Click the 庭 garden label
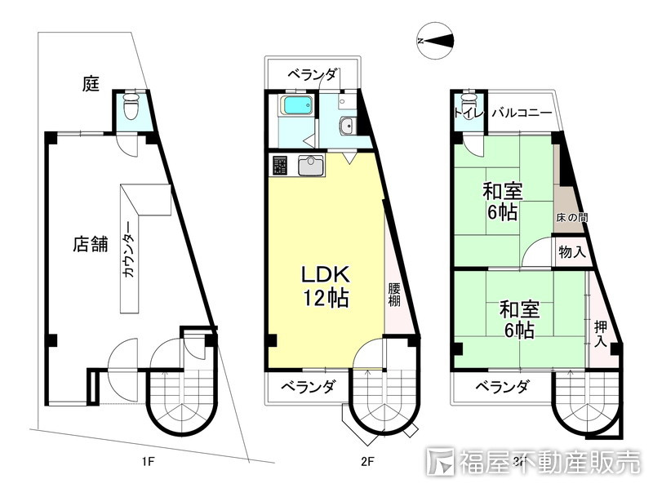pos(91,82)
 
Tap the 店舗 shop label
pos(89,244)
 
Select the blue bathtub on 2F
pos(295,106)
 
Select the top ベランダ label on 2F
pos(312,75)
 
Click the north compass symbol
pos(434,42)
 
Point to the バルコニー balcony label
pos(522,113)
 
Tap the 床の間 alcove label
pos(572,218)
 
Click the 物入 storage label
pos(571,252)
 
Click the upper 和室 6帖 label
pos(502,202)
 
